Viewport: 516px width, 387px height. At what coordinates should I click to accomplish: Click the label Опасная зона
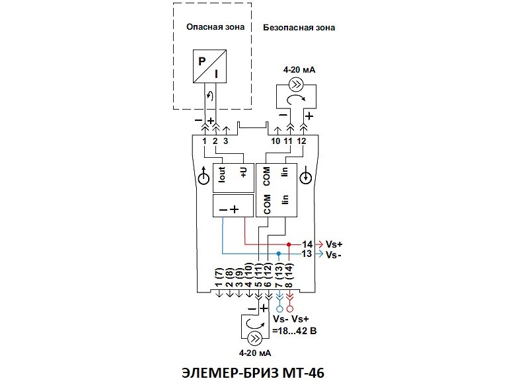[215, 27]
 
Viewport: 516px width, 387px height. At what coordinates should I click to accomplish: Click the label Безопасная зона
[299, 28]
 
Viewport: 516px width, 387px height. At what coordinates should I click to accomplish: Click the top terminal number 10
[276, 141]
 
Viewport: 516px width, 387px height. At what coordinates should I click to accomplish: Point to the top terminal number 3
[226, 141]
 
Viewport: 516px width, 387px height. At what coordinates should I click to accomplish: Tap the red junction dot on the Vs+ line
[289, 244]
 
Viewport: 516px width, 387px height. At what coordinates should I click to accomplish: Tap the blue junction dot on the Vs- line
[279, 253]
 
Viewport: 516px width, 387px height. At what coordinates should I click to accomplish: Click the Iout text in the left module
[223, 176]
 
